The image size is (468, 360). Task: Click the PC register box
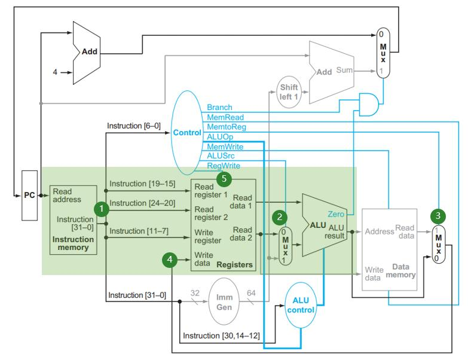pos(29,195)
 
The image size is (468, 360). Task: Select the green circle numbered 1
pos(103,209)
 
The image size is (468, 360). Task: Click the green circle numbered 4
pos(170,260)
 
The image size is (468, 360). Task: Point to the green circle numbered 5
pos(224,178)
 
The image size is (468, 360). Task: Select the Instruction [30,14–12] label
pos(221,335)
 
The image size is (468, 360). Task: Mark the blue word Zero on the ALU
pos(336,213)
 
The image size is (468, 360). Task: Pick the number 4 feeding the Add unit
pos(55,73)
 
